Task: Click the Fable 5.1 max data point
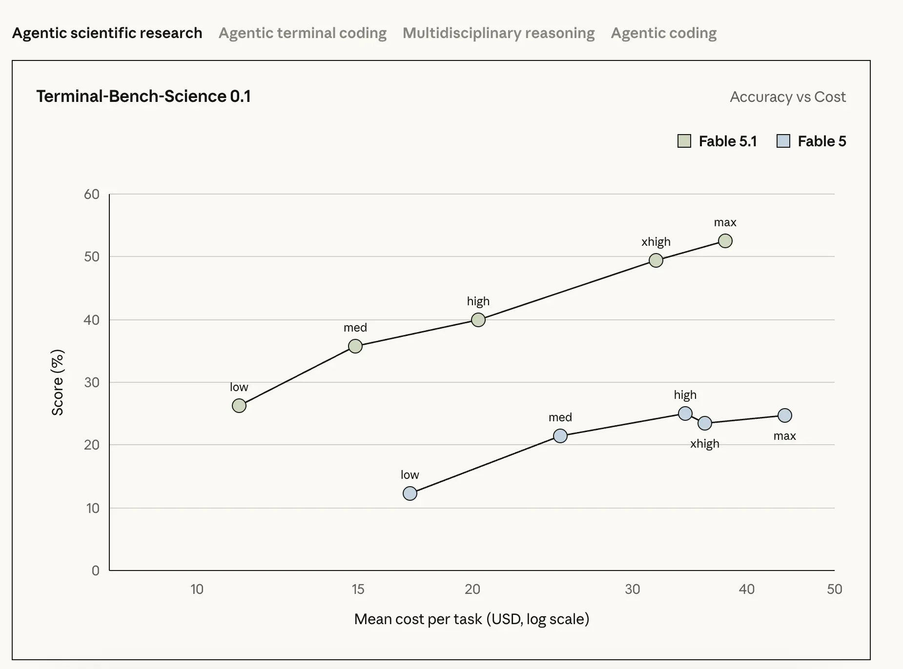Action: click(725, 241)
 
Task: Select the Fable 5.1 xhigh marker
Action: click(656, 260)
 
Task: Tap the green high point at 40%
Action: click(478, 320)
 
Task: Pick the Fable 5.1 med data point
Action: click(355, 346)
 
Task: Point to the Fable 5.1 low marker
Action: click(239, 406)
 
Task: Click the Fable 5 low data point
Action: click(410, 493)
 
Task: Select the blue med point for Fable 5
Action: click(560, 436)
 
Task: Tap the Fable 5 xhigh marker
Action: click(705, 423)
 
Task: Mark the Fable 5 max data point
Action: click(785, 415)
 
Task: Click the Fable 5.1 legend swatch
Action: click(684, 141)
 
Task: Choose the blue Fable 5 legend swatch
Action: click(783, 141)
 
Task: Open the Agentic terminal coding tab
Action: click(303, 33)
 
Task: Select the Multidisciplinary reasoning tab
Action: click(499, 33)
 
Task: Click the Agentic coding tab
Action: click(664, 33)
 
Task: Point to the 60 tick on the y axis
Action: click(92, 194)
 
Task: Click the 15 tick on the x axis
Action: click(358, 589)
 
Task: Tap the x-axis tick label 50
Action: click(835, 589)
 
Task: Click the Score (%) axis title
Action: click(58, 382)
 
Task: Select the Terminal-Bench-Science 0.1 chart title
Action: click(144, 96)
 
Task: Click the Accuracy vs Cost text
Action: click(788, 97)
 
